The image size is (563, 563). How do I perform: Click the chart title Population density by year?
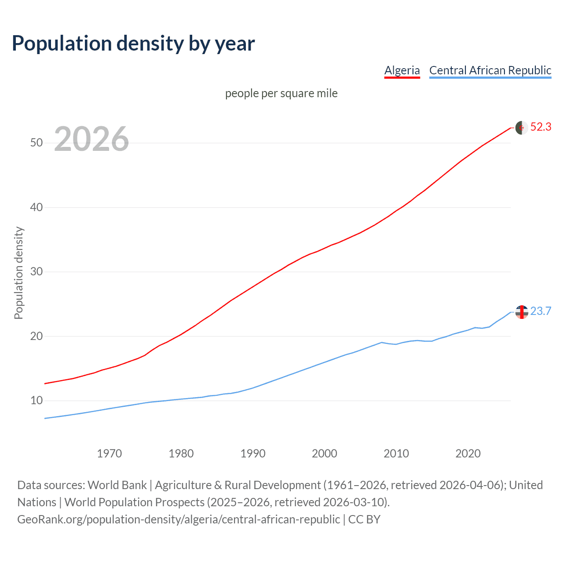point(133,43)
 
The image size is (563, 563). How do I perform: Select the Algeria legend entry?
point(402,70)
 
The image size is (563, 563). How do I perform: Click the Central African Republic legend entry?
point(490,70)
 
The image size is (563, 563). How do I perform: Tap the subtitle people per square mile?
point(281,93)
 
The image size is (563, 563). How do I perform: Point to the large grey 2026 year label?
point(91,139)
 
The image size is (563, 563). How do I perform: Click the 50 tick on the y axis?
point(37,143)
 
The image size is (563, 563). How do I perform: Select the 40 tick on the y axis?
point(37,207)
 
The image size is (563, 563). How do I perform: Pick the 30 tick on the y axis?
point(37,272)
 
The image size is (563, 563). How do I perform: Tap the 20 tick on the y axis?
point(37,336)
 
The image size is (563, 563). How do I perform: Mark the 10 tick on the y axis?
point(37,401)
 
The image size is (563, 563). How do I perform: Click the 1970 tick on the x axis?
point(110,453)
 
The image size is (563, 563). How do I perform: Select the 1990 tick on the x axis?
point(253,453)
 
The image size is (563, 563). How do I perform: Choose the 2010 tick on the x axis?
point(396,453)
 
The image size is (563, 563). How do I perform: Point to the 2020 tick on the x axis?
point(468,453)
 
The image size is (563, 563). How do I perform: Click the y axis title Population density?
point(18,273)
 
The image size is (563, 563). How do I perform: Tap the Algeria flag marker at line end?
point(522,128)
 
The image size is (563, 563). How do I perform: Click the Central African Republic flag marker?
point(522,312)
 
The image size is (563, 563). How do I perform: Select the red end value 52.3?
point(541,127)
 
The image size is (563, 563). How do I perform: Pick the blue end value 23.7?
point(541,311)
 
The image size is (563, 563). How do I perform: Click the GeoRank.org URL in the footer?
point(179,519)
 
